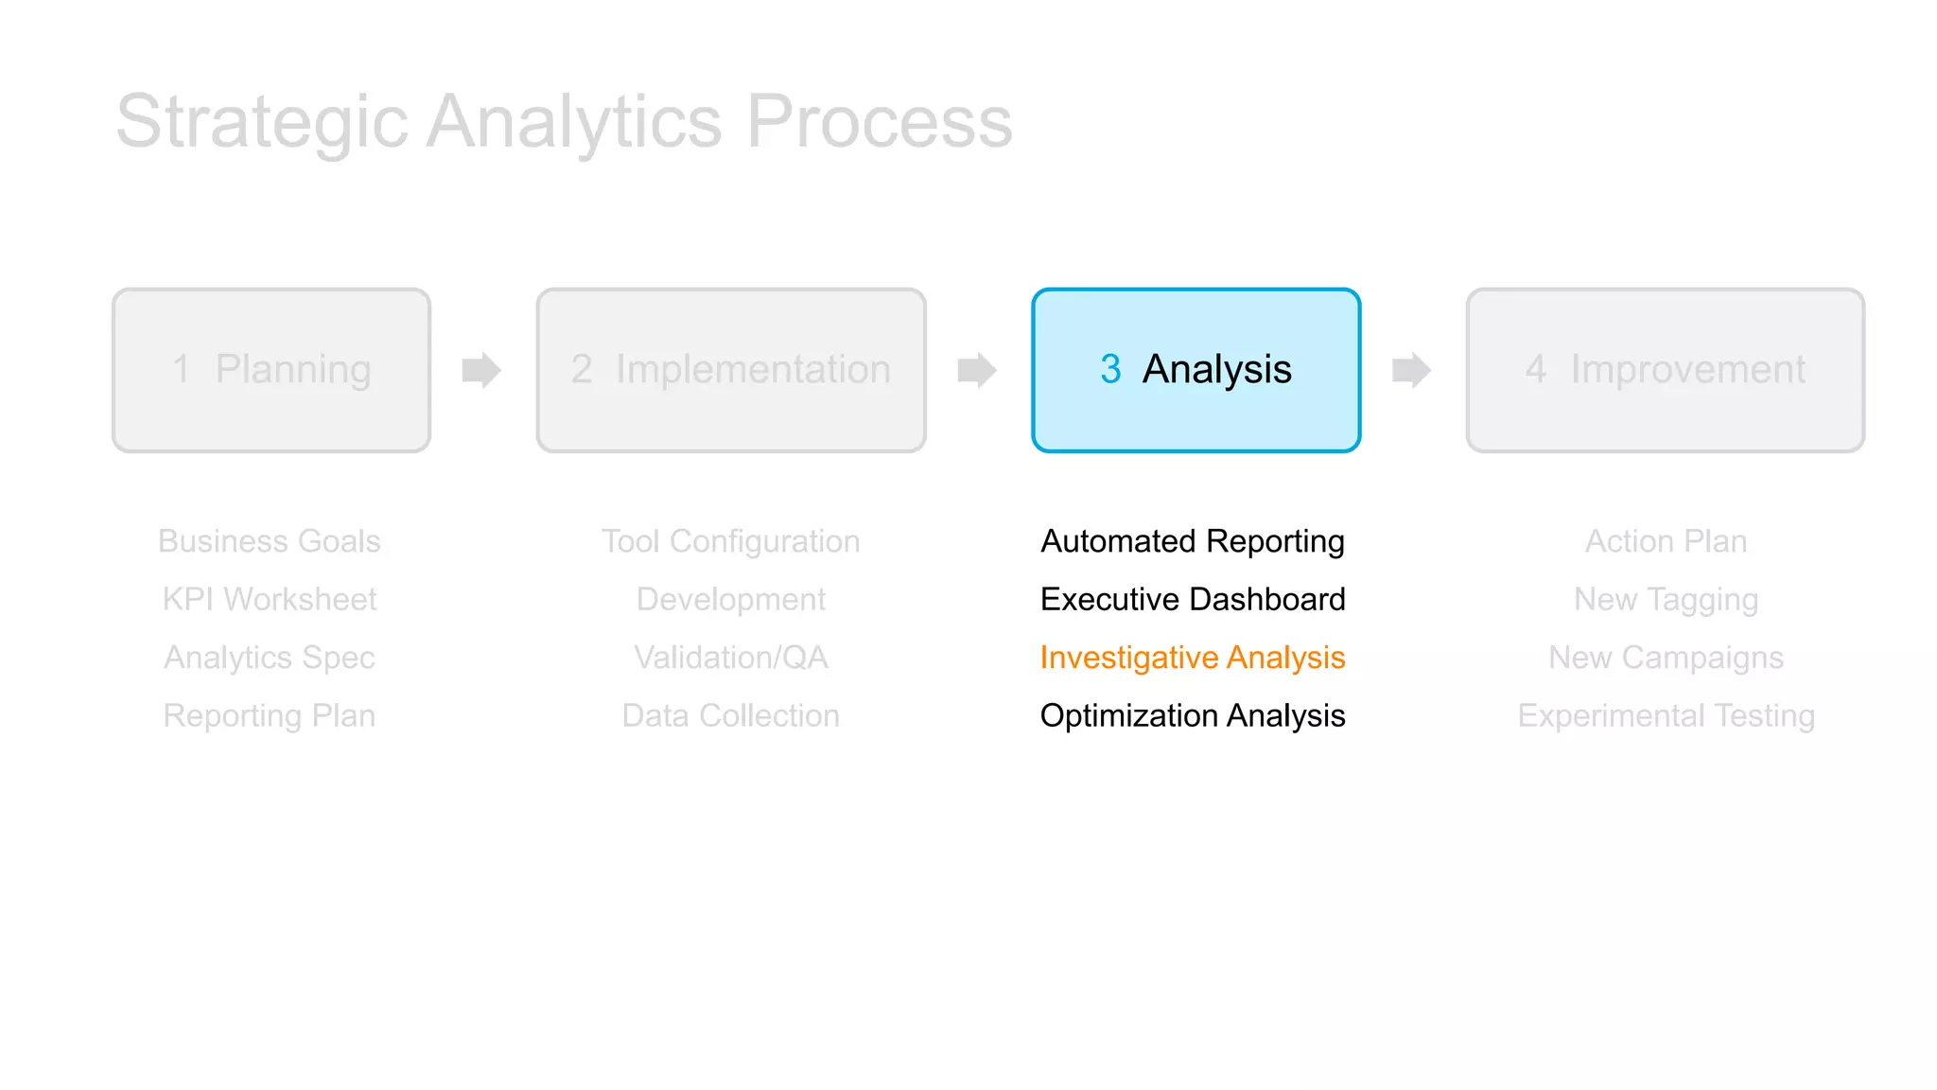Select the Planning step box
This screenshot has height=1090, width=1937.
(x=271, y=370)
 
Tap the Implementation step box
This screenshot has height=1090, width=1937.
(x=730, y=370)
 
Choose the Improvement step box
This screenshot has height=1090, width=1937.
(x=1665, y=370)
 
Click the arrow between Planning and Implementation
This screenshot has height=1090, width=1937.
(x=480, y=370)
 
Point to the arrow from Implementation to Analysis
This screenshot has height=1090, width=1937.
(x=976, y=370)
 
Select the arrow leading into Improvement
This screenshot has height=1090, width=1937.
(x=1411, y=370)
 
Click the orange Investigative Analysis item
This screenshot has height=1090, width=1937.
(x=1192, y=658)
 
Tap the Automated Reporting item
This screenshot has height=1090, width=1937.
(x=1192, y=541)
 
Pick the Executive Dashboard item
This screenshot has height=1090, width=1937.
(x=1192, y=599)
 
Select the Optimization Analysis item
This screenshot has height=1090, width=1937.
(x=1192, y=715)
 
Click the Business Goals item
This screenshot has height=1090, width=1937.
(x=270, y=541)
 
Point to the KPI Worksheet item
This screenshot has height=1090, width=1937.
(x=270, y=599)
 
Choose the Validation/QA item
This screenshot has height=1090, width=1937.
(x=730, y=658)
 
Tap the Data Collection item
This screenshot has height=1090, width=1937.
(x=730, y=715)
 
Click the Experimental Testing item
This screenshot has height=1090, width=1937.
(x=1666, y=715)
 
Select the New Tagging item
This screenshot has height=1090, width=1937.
(x=1666, y=599)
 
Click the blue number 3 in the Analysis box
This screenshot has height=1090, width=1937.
(x=1110, y=369)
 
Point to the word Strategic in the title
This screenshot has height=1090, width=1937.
(x=262, y=122)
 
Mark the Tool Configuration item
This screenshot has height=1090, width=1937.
(x=730, y=541)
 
